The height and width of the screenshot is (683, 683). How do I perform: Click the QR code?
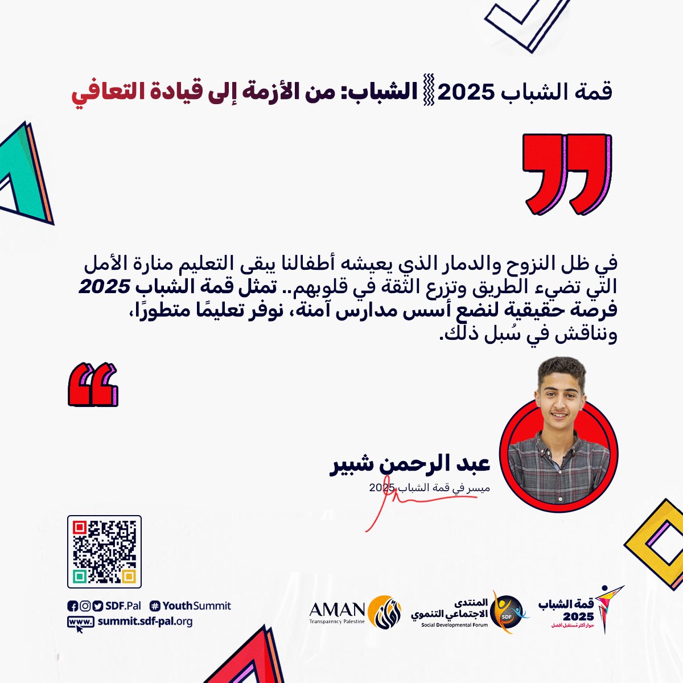point(104,552)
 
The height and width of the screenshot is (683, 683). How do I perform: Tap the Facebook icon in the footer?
point(72,606)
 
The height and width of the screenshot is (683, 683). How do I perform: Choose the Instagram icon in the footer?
point(85,606)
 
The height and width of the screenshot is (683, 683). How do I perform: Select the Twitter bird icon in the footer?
point(97,606)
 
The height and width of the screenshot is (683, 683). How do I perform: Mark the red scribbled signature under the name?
point(398,504)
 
